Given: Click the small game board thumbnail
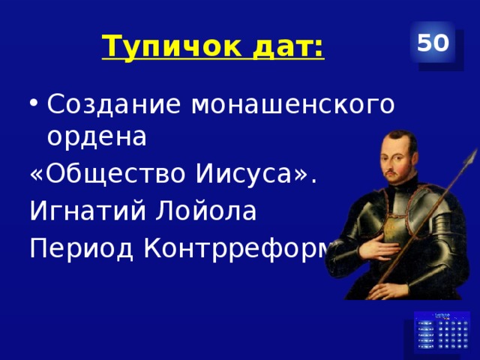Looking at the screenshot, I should (x=443, y=332).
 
